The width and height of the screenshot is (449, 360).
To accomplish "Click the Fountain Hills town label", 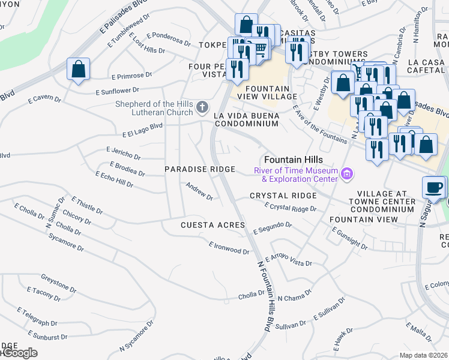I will tap(294, 160).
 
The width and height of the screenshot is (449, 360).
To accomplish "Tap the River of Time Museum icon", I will tap(346, 175).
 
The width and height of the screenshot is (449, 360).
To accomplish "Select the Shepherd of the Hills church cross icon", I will tap(202, 108).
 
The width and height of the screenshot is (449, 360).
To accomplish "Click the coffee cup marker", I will tap(433, 187).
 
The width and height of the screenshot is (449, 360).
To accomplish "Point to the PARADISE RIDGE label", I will tap(200, 170).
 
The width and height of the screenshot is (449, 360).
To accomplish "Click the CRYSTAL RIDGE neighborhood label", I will tap(283, 196).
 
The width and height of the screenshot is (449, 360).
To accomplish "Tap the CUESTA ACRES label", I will tap(213, 225).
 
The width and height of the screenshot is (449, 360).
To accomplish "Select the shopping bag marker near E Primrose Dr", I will tap(79, 69).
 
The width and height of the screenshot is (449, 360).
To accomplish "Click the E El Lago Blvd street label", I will tap(142, 130).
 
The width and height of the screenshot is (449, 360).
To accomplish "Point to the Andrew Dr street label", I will tap(199, 191).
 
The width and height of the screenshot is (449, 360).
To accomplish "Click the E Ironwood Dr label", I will tap(229, 247).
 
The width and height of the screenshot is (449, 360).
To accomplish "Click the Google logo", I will tap(19, 353).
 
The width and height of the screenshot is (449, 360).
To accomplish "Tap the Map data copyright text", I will tap(424, 355).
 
